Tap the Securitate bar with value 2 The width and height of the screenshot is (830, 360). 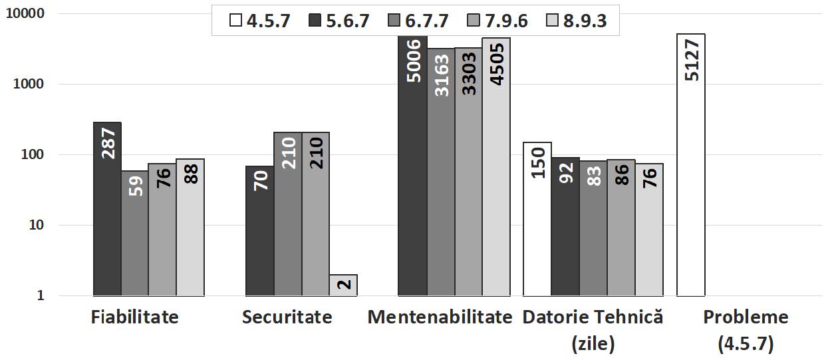(343, 285)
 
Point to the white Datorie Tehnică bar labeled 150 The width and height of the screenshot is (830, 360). (537, 219)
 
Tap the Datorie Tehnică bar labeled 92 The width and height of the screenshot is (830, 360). (565, 226)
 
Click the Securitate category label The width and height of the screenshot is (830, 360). (287, 317)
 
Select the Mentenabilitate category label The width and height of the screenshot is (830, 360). (440, 317)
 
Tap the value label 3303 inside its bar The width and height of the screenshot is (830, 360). (468, 75)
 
